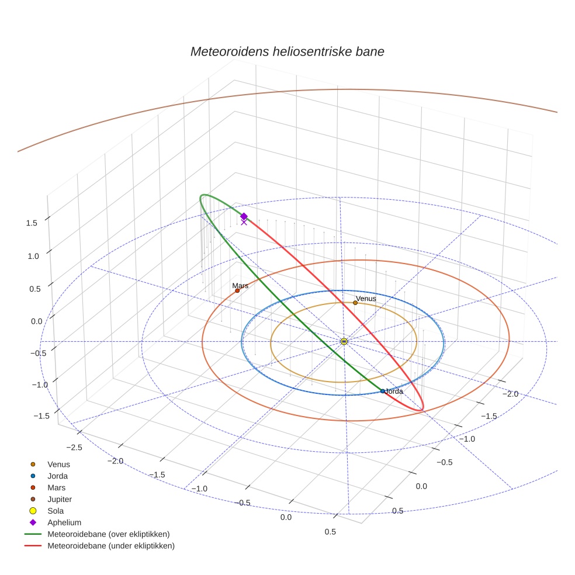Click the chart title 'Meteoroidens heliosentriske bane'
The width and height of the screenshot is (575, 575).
[287, 51]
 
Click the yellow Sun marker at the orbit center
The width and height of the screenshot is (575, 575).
[344, 341]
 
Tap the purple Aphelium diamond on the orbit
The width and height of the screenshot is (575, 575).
[244, 216]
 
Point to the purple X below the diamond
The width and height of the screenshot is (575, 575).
[244, 222]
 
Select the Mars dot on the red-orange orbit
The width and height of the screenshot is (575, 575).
[237, 290]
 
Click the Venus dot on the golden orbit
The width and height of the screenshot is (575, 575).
[355, 303]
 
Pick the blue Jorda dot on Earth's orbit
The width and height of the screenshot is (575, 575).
[383, 391]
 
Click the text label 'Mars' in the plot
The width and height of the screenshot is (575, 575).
[240, 285]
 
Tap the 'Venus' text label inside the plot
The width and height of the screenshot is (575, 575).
[366, 298]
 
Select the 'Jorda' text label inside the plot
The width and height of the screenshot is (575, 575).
[394, 391]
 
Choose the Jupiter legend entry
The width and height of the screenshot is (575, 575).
[60, 499]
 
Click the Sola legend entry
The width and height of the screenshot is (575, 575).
[56, 511]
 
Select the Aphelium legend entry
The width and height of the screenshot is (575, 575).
[64, 522]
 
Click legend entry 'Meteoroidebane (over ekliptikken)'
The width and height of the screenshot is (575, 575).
[108, 534]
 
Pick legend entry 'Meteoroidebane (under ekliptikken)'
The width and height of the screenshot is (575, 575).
[110, 546]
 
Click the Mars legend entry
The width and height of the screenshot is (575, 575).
[56, 487]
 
